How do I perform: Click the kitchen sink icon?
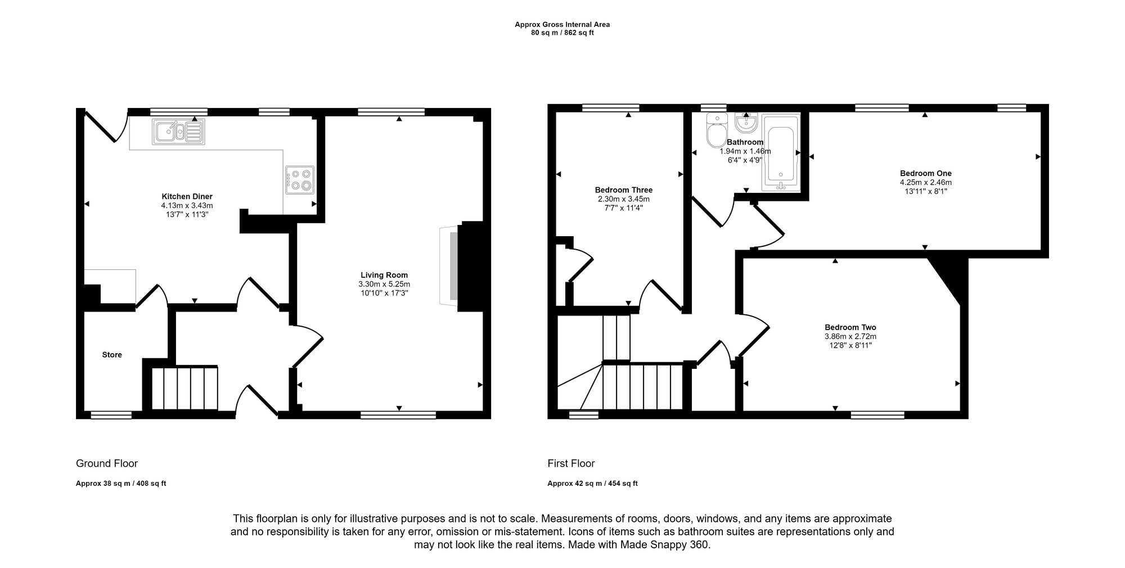click(x=178, y=132)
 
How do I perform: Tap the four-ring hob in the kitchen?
click(x=299, y=180)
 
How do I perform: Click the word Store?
click(x=112, y=355)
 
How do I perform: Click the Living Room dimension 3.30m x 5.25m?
click(x=384, y=285)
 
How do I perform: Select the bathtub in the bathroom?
click(x=781, y=153)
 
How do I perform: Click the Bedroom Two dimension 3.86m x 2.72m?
click(x=850, y=336)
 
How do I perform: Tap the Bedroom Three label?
click(x=623, y=190)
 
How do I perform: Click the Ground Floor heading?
click(x=107, y=463)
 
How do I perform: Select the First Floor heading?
click(x=571, y=463)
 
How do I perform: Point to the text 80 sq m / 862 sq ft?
click(x=562, y=33)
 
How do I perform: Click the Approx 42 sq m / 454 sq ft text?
click(x=592, y=484)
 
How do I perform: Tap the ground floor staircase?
click(x=185, y=388)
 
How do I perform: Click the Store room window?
click(x=111, y=415)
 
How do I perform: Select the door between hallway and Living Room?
click(x=307, y=345)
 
